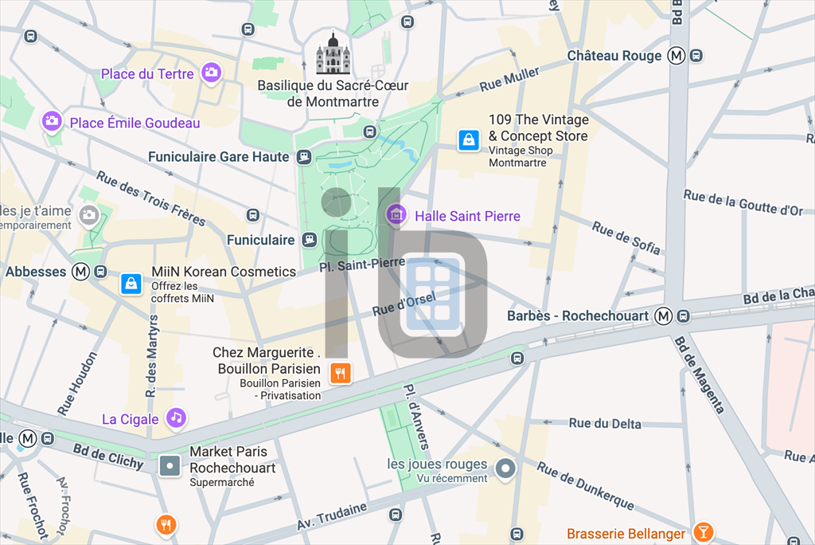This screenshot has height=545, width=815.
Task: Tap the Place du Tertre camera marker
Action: (x=211, y=73)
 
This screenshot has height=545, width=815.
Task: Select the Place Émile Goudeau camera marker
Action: (x=53, y=122)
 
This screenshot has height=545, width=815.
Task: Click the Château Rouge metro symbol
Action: (x=677, y=56)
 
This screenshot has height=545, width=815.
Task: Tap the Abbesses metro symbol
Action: (x=80, y=272)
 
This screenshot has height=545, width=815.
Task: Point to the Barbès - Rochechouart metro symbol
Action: (x=663, y=316)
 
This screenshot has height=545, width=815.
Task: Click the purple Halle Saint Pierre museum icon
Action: (x=396, y=214)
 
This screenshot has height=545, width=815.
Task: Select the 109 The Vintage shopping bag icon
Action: (x=469, y=140)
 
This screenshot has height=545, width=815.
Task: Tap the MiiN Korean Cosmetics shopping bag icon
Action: (x=131, y=283)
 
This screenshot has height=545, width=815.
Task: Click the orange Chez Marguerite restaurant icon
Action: (x=341, y=372)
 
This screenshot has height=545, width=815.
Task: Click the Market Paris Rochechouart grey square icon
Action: (x=170, y=465)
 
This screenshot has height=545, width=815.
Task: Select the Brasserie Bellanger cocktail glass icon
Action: (x=703, y=531)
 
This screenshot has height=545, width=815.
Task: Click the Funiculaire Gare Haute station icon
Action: (x=304, y=157)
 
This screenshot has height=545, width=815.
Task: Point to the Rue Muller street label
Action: (x=509, y=80)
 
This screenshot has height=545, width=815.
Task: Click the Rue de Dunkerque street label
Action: (x=585, y=486)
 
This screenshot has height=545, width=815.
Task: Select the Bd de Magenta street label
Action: (x=700, y=374)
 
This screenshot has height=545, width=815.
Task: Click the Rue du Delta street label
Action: (x=605, y=424)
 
